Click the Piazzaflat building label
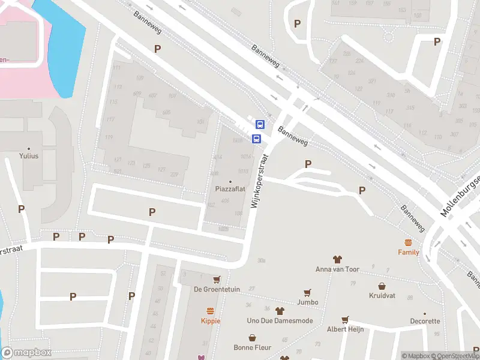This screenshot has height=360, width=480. coord(231,189)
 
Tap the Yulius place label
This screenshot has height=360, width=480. coord(29,156)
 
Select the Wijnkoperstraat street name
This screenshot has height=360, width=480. coord(259,179)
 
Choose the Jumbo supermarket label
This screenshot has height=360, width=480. coord(307,302)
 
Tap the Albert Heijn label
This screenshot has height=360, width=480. coord(345,329)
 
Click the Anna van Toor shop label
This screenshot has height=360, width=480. coord(337,269)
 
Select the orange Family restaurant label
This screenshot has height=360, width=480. coord(409,252)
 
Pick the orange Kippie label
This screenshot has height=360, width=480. coord(210,321)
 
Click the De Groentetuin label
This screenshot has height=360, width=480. coord(217,289)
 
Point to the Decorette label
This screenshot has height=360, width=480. coord(425,321)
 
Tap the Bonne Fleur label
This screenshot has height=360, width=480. coord(253,347)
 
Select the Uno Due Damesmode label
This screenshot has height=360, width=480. coord(280,320)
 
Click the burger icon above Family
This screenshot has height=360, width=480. coord(409,242)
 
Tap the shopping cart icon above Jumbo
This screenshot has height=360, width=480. coord(307,293)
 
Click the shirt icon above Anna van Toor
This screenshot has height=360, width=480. coord(337,259)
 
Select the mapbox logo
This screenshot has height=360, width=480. coord(26,353)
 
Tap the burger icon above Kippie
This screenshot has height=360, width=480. coord(210,311)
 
